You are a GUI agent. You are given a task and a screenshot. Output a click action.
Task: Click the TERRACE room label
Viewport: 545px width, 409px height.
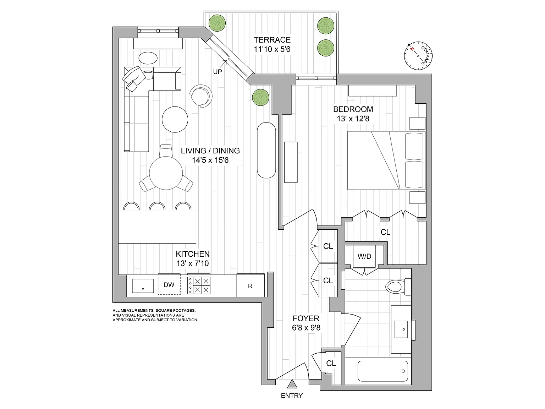[272, 40]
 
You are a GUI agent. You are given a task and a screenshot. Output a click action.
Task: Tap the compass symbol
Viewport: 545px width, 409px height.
[418, 56]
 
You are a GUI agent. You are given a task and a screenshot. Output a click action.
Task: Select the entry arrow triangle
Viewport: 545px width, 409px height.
[292, 384]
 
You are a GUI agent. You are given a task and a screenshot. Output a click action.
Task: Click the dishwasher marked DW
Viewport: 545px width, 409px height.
[169, 285]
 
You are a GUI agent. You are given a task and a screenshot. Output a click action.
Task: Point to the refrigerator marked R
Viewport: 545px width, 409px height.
[250, 285]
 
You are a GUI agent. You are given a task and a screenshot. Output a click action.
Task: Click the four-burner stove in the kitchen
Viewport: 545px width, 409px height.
[199, 285]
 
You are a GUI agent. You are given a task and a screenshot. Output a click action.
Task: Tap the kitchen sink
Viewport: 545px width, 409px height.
[143, 286]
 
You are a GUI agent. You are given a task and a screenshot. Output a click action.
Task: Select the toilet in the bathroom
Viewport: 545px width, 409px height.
[398, 287]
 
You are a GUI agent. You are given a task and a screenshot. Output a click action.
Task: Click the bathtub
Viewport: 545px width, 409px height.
[382, 371]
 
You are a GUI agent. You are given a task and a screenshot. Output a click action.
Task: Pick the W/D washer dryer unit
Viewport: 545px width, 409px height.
[364, 256]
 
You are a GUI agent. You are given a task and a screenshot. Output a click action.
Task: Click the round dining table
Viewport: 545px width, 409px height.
[166, 173]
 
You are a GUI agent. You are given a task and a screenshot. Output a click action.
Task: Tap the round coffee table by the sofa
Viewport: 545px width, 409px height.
[175, 119]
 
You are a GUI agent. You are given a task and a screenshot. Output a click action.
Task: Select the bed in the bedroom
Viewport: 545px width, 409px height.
[386, 160]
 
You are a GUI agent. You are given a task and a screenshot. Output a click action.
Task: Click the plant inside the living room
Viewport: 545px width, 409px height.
[260, 97]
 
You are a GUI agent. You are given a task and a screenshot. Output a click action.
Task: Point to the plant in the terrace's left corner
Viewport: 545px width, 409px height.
[217, 23]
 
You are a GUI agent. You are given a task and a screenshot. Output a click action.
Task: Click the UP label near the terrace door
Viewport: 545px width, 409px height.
[218, 72]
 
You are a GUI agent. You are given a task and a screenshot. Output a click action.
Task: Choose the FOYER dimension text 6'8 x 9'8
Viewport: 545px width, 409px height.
[306, 328]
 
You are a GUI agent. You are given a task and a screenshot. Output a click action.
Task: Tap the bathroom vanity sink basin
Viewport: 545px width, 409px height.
[401, 329]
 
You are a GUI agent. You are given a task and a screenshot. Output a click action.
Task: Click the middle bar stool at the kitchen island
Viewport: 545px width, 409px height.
[157, 206]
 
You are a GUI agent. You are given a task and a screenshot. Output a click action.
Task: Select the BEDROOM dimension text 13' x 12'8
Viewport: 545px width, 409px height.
[353, 119]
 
